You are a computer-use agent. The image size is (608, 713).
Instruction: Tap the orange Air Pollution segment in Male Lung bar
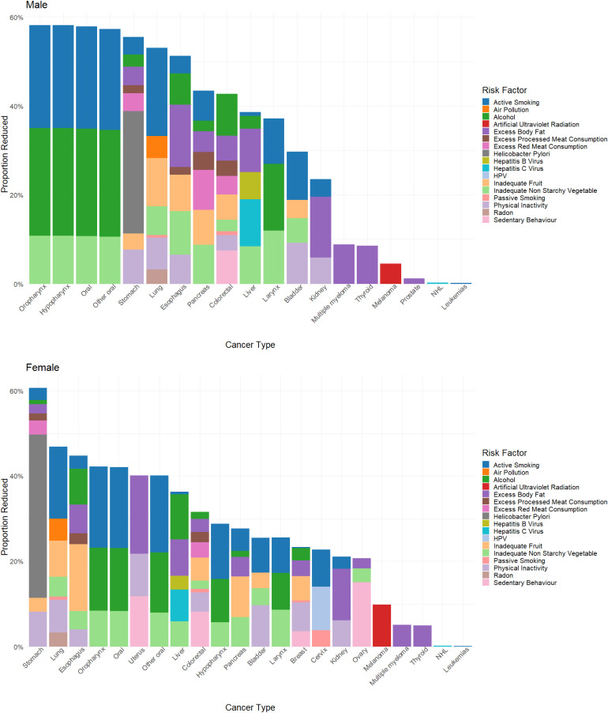click(x=156, y=147)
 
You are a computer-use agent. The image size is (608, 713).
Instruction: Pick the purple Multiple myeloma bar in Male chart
click(x=344, y=264)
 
